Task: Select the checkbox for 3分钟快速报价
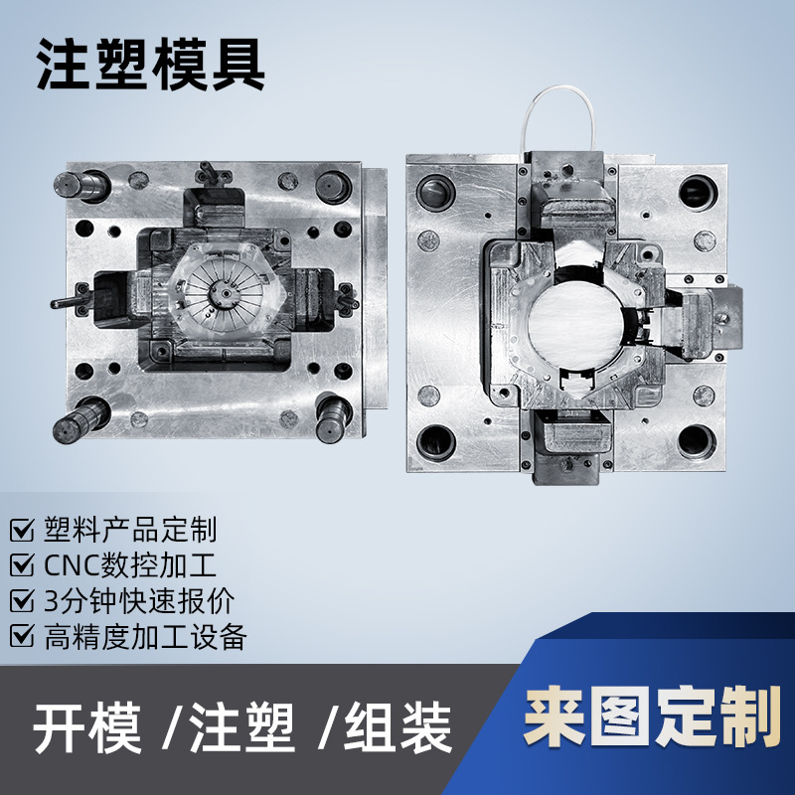click(21, 600)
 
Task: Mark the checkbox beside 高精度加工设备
click(21, 636)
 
